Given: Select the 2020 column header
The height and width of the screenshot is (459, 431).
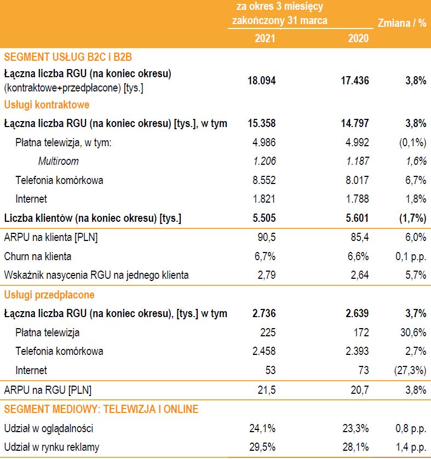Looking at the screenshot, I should [x=358, y=39].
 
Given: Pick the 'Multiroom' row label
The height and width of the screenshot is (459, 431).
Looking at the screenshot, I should [x=58, y=161].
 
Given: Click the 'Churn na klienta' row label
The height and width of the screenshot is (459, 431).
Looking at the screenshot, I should [x=38, y=256].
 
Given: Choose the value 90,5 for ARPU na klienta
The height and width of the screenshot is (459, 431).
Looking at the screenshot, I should [x=266, y=237].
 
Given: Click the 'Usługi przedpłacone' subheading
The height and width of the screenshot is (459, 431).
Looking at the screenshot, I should [x=49, y=295].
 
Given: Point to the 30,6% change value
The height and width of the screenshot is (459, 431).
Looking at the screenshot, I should [x=412, y=332].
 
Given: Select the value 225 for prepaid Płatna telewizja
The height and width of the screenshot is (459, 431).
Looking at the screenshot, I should [x=268, y=332].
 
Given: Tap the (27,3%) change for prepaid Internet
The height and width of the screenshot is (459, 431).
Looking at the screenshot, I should [x=410, y=370].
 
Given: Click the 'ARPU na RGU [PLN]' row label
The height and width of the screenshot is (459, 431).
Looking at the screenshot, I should [x=48, y=390].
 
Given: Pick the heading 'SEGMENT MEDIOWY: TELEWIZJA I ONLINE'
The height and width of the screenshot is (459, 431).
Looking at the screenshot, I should [x=101, y=409].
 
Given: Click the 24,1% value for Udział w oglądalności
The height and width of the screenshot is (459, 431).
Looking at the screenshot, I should [x=263, y=428].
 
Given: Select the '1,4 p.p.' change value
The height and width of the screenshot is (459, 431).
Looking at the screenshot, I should [x=410, y=447].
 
